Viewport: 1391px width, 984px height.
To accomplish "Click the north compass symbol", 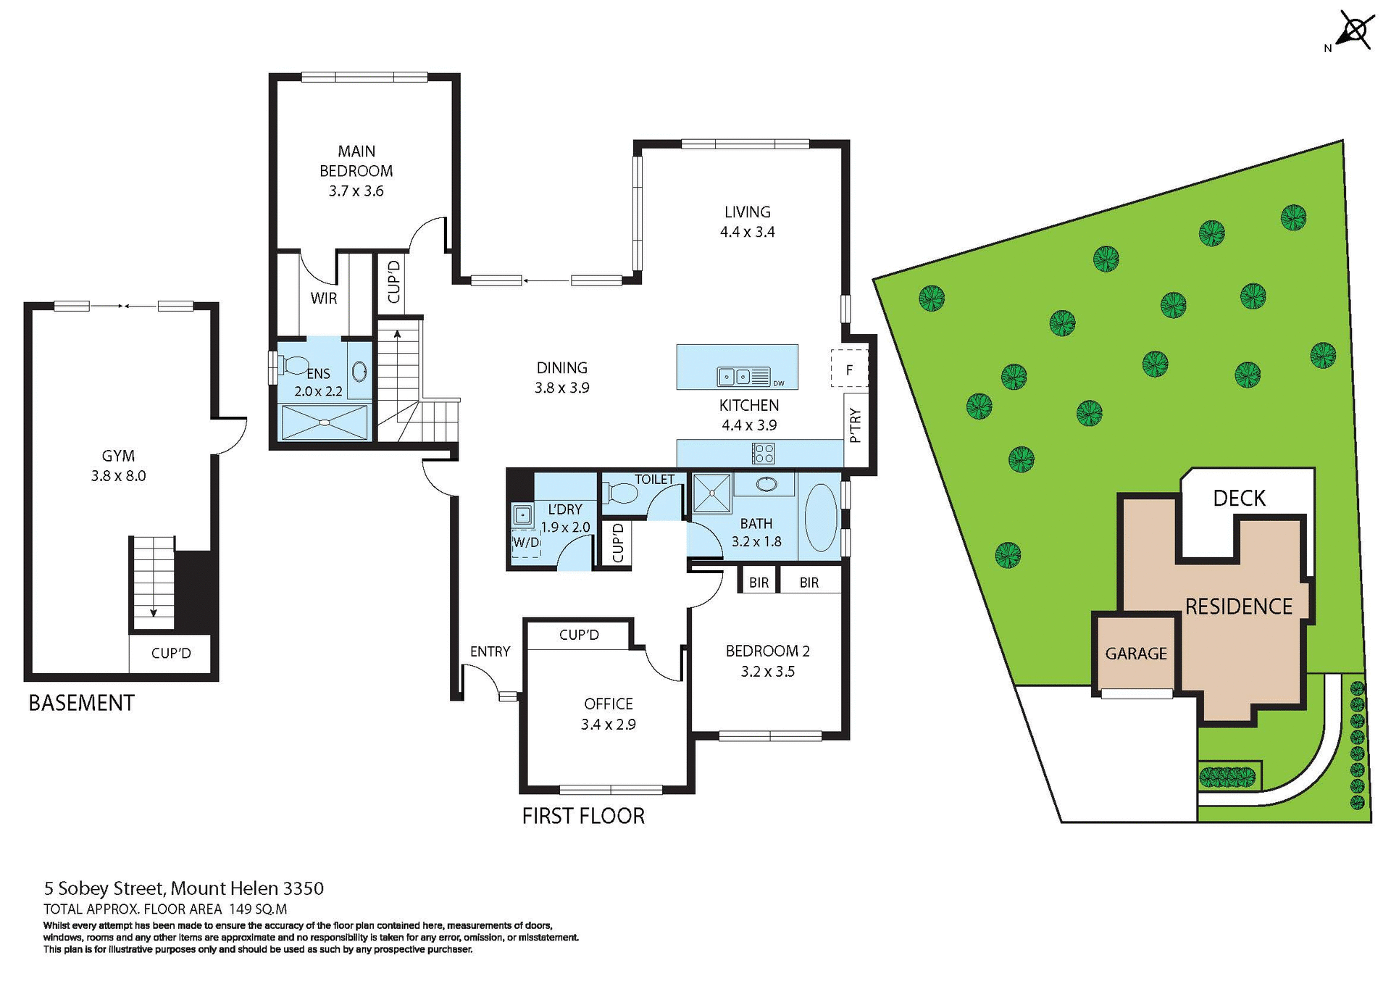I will [x=1353, y=32].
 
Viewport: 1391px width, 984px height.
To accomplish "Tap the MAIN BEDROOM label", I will [x=356, y=170].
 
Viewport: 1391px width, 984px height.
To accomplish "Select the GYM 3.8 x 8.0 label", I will [x=118, y=465].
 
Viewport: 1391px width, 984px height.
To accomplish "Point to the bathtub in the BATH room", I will [x=821, y=517].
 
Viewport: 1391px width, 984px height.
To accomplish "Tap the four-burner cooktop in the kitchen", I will [x=763, y=454].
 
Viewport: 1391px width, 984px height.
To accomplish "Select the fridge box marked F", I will [x=848, y=370].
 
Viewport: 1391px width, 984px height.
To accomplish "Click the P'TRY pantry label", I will [x=855, y=425].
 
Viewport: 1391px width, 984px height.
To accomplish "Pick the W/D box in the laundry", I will [x=527, y=542].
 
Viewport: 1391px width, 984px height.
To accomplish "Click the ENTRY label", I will [x=490, y=651].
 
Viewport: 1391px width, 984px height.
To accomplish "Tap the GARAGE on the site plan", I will [x=1135, y=654].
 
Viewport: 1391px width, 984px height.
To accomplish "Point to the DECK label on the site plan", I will [x=1239, y=499].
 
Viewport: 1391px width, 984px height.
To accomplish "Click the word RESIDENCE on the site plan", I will [x=1238, y=606].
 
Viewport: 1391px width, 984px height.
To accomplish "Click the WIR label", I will [x=323, y=298].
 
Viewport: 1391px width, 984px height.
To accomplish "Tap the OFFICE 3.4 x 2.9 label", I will [x=608, y=714].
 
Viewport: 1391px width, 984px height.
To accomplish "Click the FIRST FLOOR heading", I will [x=583, y=816].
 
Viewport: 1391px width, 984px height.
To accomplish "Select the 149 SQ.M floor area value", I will [x=258, y=909].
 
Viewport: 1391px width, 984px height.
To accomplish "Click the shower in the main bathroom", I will [x=712, y=493].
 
